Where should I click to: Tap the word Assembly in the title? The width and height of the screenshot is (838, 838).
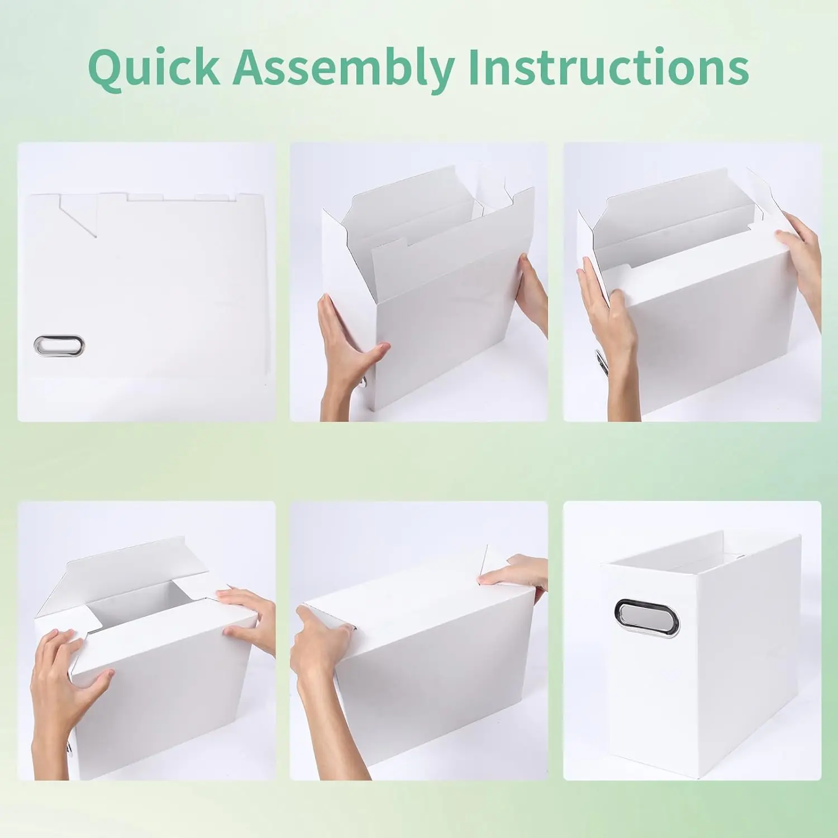[344, 68]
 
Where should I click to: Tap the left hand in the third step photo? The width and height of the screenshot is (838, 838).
[609, 335]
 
